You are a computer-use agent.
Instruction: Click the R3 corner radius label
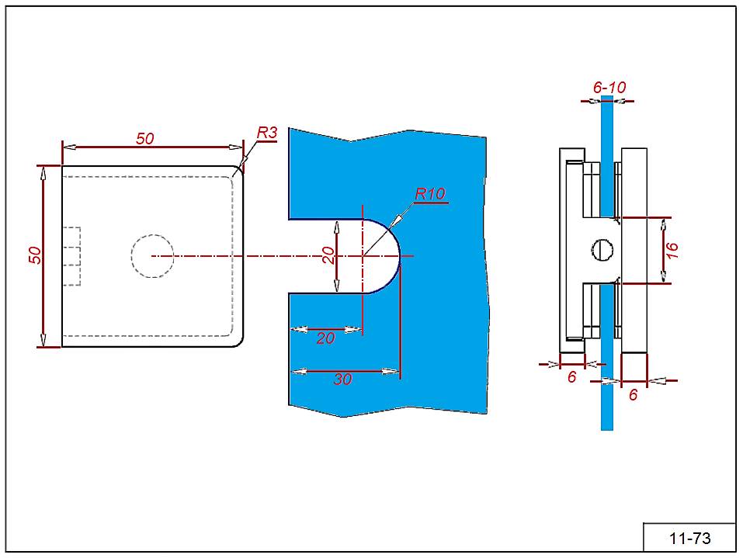pos(267,133)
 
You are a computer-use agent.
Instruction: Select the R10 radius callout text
pos(430,194)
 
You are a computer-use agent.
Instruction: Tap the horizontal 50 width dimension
pos(145,139)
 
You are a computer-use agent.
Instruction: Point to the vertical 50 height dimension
pos(35,255)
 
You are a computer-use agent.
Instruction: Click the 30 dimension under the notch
pos(342,379)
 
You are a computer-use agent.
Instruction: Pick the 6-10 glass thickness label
pos(609,88)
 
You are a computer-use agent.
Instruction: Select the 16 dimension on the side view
pos(672,250)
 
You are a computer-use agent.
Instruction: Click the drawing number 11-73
pos(689,538)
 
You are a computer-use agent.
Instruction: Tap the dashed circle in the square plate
pos(152,255)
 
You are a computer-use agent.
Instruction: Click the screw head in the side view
pos(606,249)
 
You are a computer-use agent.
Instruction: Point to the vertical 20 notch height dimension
pos(329,255)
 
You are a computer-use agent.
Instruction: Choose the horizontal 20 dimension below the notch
pos(325,338)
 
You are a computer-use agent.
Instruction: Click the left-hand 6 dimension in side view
pos(571,376)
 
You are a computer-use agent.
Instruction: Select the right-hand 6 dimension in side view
pos(633,394)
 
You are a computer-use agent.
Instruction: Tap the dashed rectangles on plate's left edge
pos(71,256)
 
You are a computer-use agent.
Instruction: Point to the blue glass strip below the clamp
pos(607,396)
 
